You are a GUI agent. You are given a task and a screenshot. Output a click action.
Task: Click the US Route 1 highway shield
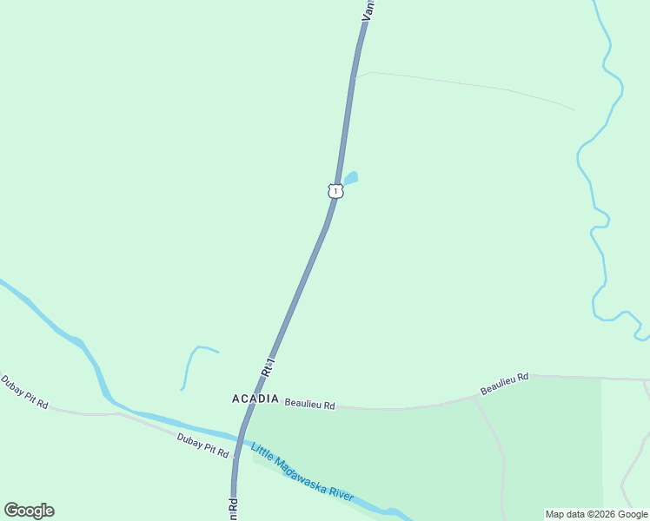[x=335, y=190]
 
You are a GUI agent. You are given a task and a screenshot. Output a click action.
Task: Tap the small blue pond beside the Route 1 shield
[x=350, y=178]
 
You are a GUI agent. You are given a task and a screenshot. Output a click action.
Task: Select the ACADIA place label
[x=255, y=399]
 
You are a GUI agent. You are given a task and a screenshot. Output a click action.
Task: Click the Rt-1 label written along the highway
[x=268, y=366]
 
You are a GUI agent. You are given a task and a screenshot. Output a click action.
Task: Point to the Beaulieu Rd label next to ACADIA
[x=310, y=404]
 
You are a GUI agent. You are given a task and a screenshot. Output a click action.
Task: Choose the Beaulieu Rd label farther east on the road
[x=504, y=383]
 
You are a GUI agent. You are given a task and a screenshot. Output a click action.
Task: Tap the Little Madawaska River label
[x=302, y=472]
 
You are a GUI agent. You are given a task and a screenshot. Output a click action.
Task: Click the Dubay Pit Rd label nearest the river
[x=202, y=445]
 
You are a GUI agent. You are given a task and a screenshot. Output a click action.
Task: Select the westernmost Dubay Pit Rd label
[x=24, y=392]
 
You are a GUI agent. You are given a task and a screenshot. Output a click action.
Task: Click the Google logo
[x=29, y=511]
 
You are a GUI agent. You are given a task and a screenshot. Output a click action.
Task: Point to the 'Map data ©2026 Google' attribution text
[x=597, y=514]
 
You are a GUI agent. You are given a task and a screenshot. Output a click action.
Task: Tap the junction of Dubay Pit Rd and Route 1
[x=235, y=455]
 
